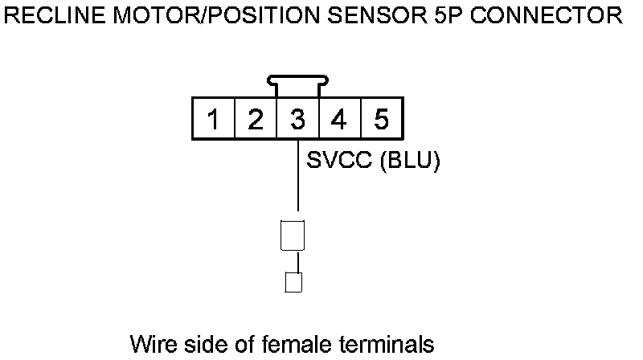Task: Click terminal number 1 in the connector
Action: coord(213,121)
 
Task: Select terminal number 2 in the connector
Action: coord(255,121)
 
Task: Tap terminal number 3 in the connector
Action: coord(297,121)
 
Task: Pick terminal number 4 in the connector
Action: coord(339,121)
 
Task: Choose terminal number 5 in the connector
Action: coord(382,121)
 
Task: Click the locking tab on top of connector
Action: coord(297,83)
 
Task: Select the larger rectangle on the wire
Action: coord(292,235)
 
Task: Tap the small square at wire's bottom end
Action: coord(293,282)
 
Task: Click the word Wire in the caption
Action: coord(151,345)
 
